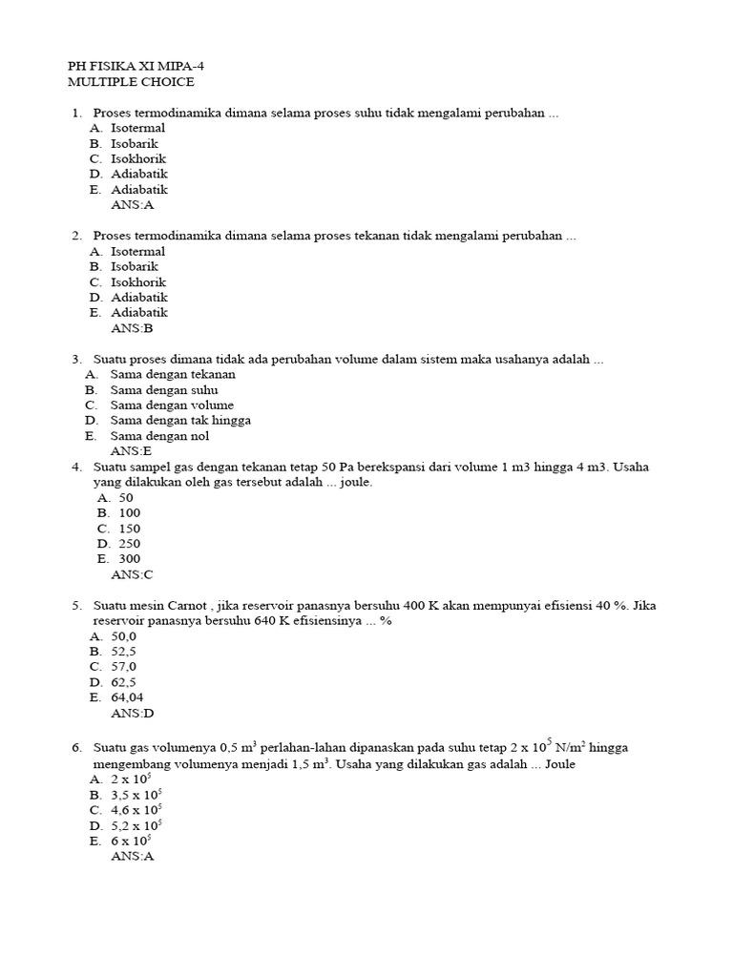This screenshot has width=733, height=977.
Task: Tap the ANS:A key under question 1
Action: point(132,204)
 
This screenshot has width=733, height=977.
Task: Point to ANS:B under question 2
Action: point(132,327)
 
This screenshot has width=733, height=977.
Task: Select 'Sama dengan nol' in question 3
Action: point(159,436)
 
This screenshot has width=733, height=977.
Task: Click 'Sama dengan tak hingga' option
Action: point(180,420)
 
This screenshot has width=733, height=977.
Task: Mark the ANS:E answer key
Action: point(131,451)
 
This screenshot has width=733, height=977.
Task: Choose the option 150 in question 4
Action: point(129,529)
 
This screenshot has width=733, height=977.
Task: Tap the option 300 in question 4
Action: point(129,559)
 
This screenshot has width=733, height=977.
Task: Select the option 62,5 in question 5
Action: point(124,682)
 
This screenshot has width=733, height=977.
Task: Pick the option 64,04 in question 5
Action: point(127,697)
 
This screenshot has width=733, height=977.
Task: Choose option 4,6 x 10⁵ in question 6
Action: point(136,810)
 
